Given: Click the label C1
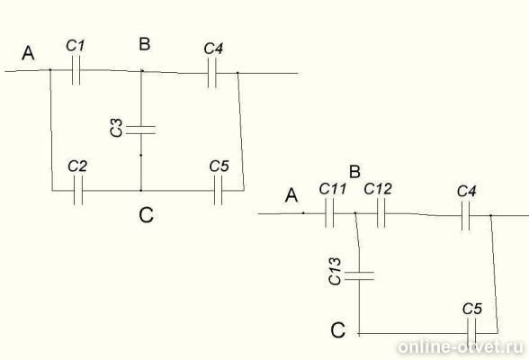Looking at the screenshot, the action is pos(76,45).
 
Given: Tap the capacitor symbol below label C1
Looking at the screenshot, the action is pos(76,70).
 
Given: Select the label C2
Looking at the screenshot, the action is pos(77,166).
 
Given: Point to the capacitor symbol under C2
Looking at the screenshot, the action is pos(78,191).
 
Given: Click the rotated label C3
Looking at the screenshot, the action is pos(116,128).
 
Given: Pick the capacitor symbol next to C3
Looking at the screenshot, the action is pos(141,130).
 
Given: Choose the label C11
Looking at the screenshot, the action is pos(333,189).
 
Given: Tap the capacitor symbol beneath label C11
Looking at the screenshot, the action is pos(329,213).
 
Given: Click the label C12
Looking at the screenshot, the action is pos(378,189).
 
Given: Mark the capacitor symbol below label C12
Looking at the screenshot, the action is pos(381,213).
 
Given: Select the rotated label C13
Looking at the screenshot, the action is pos(335,272).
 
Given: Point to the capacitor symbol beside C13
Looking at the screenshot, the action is pos(359,275).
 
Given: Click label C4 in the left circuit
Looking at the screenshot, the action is pos(213,49).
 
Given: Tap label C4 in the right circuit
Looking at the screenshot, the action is pos(467,192).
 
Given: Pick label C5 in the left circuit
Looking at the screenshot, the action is pos(219,166).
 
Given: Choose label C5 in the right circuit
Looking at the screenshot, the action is pos(472,309).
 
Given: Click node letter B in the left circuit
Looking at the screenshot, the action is pos(145,44).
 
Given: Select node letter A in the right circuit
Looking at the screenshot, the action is pos(291,195).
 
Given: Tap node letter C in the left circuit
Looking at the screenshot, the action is pos(146,215).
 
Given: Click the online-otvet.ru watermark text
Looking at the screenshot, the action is pos(461,347).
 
